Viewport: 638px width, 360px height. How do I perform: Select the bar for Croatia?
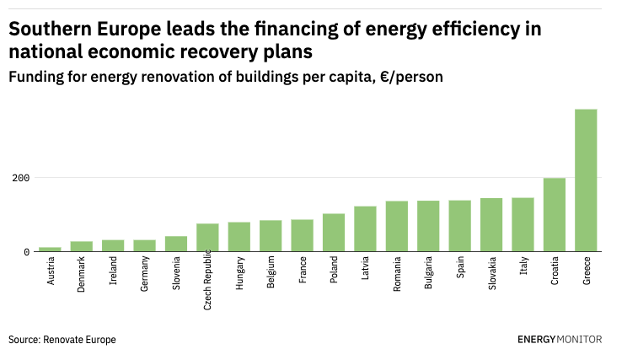click(x=554, y=214)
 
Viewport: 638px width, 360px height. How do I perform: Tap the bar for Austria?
click(x=50, y=249)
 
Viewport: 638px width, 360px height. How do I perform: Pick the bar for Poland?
click(x=334, y=232)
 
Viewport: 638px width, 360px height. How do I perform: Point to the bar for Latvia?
click(x=365, y=228)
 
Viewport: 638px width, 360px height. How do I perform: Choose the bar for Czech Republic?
click(x=207, y=237)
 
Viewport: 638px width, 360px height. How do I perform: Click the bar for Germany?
click(x=144, y=245)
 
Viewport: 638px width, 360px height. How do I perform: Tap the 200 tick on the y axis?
click(x=21, y=178)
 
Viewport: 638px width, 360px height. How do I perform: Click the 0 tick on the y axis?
click(x=27, y=251)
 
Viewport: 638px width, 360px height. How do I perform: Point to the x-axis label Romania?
click(x=398, y=276)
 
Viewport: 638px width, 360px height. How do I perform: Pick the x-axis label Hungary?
click(x=240, y=274)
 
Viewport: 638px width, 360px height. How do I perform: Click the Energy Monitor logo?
click(x=560, y=339)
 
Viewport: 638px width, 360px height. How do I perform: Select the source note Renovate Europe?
click(x=80, y=339)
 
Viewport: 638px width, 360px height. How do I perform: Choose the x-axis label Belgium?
click(x=271, y=273)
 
